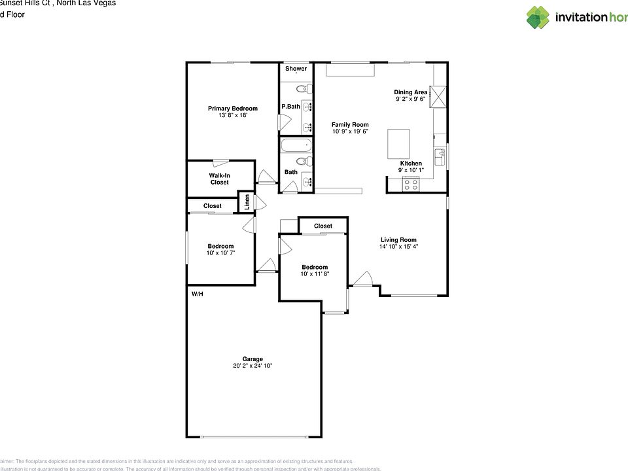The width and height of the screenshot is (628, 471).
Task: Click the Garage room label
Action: pos(253,359)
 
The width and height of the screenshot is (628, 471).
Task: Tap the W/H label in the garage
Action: pos(197,294)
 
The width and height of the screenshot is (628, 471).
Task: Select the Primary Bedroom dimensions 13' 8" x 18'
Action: pos(233,116)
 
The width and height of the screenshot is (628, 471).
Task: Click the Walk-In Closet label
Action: pos(219,179)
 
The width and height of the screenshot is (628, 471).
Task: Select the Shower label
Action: pos(296,69)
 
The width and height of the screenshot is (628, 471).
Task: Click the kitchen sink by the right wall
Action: pos(441,157)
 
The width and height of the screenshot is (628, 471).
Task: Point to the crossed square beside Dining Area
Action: pos(437,96)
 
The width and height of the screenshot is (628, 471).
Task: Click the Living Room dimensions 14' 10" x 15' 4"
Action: pos(398,247)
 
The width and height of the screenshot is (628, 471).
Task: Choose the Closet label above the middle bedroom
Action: pos(323,226)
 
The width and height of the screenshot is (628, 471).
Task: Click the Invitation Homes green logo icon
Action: pos(538,18)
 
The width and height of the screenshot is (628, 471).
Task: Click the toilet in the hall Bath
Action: pos(303,161)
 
